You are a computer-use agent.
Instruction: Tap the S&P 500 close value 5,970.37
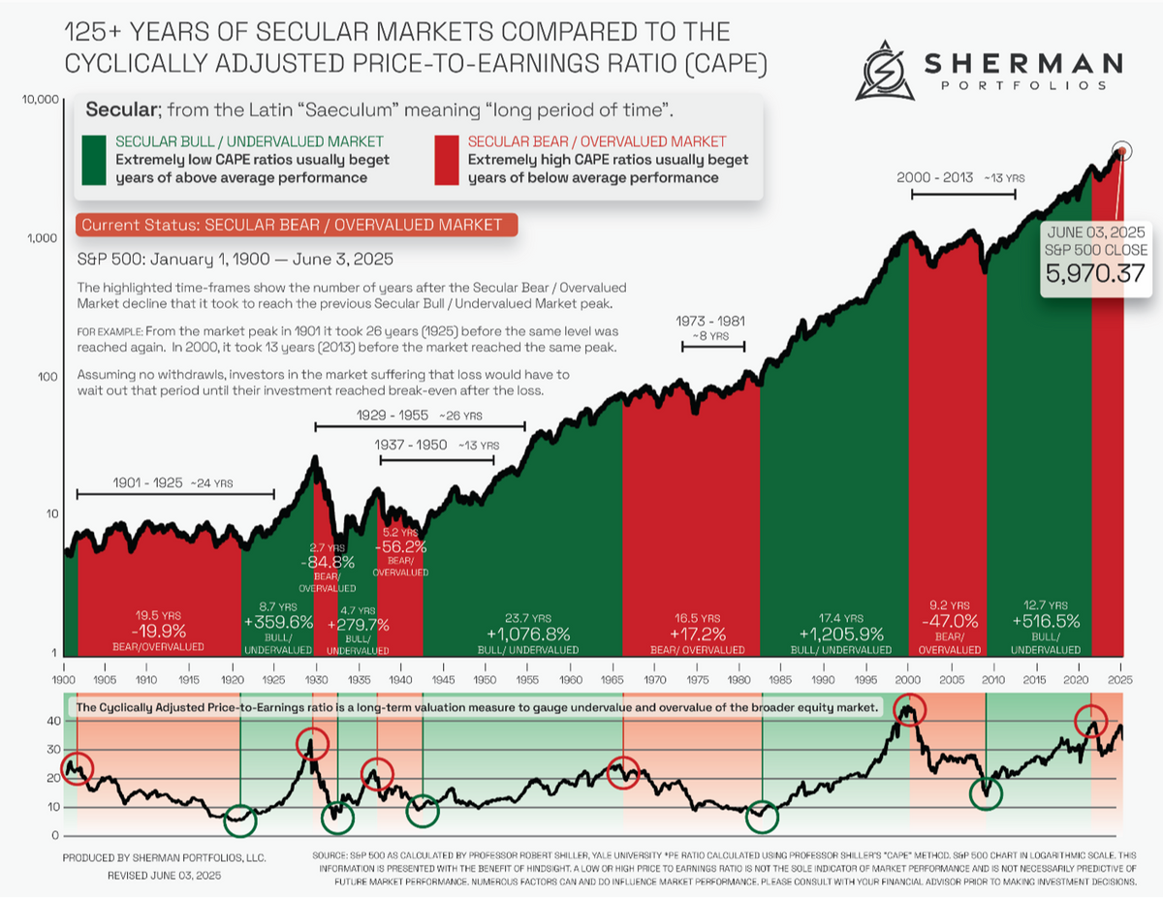tap(1092, 275)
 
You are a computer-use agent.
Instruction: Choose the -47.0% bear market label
tap(947, 621)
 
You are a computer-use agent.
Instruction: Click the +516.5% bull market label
tap(1045, 621)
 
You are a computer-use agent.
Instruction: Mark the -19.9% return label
tap(158, 632)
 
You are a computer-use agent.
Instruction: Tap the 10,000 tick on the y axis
tap(37, 100)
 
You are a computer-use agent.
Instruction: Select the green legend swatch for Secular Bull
tap(94, 160)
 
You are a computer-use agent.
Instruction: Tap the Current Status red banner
tap(296, 225)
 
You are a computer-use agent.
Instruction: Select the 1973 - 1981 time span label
tap(713, 322)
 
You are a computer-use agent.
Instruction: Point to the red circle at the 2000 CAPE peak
tap(909, 713)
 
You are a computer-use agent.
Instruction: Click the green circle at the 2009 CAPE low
tap(986, 792)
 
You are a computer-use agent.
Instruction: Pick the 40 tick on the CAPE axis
tap(52, 721)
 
